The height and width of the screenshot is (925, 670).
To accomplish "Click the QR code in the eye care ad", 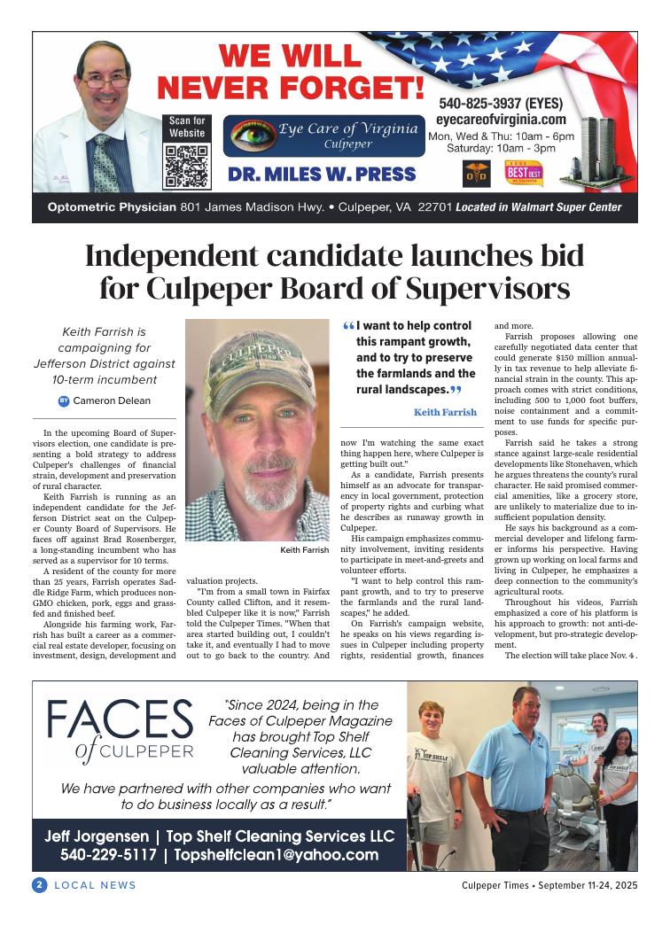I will pyautogui.click(x=186, y=166).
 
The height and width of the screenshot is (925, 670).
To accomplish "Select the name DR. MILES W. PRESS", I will pyautogui.click(x=322, y=174).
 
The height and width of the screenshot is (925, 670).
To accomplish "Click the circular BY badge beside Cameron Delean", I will pyautogui.click(x=64, y=400).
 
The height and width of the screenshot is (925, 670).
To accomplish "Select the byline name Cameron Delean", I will pyautogui.click(x=112, y=400).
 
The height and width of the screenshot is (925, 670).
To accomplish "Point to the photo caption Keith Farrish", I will pyautogui.click(x=304, y=550).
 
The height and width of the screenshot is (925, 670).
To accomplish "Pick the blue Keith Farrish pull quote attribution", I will pyautogui.click(x=445, y=412).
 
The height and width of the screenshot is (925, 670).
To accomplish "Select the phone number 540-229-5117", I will pyautogui.click(x=109, y=855).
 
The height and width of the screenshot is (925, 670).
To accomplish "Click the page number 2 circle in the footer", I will pyautogui.click(x=39, y=885).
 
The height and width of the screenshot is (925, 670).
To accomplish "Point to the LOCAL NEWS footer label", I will pyautogui.click(x=96, y=885).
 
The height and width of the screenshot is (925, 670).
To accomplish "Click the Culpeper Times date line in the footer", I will pyautogui.click(x=549, y=885).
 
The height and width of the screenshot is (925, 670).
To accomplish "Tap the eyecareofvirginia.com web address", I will pyautogui.click(x=501, y=120).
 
